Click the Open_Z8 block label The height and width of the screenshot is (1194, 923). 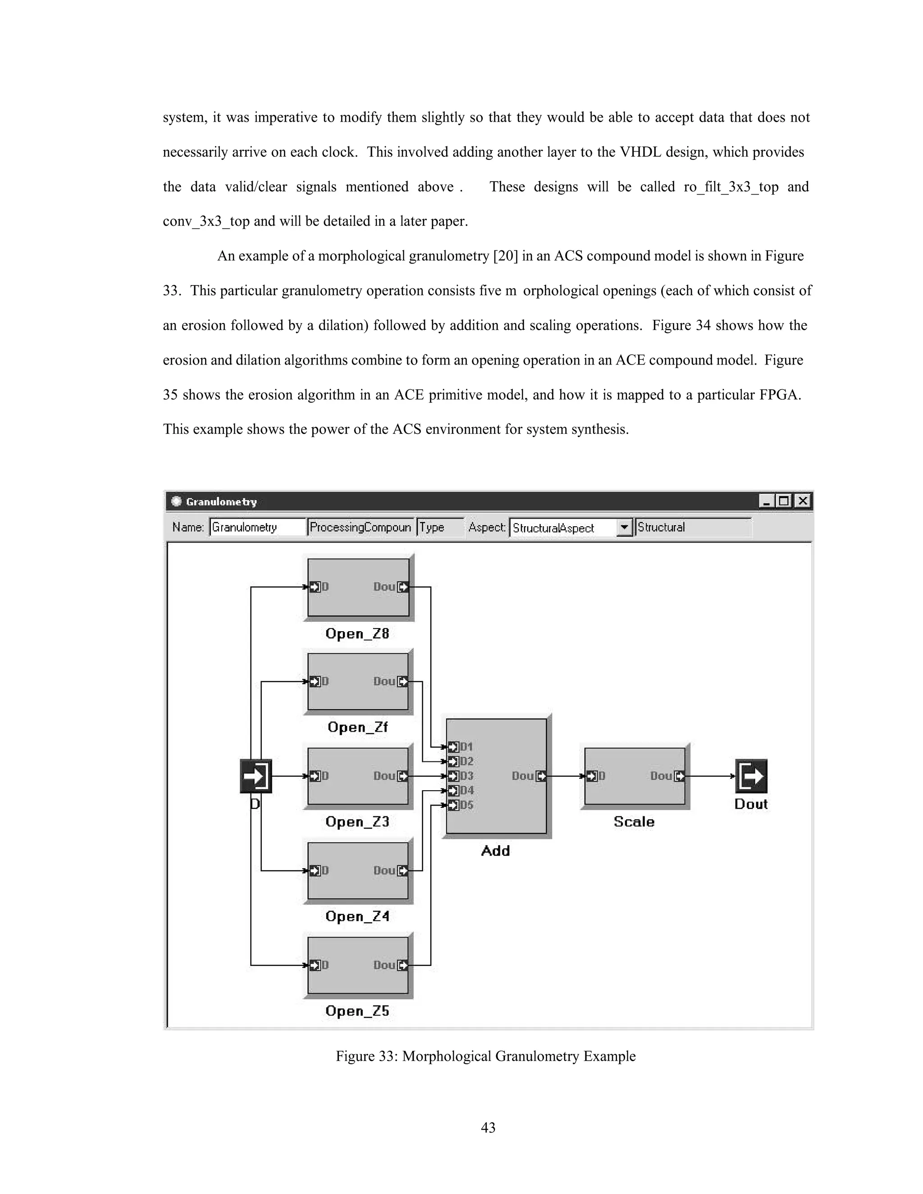(357, 633)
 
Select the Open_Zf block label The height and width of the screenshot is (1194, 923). (357, 727)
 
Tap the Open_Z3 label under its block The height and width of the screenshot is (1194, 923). (357, 822)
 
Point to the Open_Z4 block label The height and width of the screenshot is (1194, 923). (357, 916)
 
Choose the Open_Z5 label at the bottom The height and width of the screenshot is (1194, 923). (357, 1011)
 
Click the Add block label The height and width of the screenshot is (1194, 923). (495, 851)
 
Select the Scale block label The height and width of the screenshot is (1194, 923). (634, 822)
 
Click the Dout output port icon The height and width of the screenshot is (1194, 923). (751, 776)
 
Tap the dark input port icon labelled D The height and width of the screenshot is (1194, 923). (256, 776)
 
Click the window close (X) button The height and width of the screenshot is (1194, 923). (802, 501)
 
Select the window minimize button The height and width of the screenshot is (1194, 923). (766, 501)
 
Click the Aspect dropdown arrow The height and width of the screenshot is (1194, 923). (624, 528)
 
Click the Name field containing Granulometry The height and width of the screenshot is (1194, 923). (257, 528)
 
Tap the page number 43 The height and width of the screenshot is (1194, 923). (488, 1127)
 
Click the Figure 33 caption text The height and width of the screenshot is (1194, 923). (485, 1056)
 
